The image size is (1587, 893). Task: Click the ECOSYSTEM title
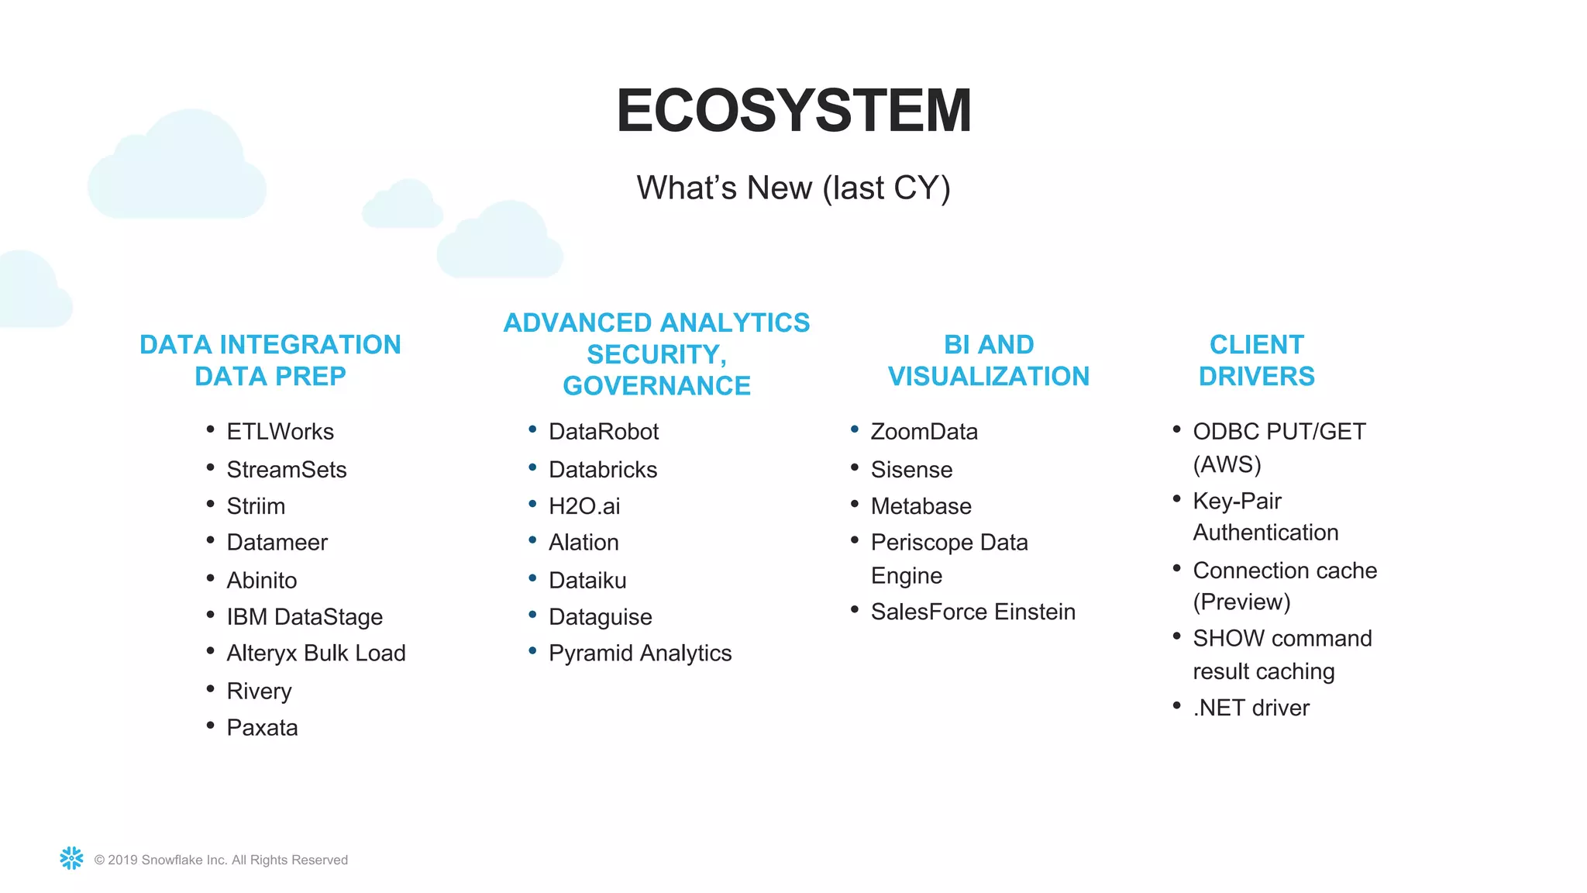coord(793,110)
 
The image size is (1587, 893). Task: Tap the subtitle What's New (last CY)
coord(793,188)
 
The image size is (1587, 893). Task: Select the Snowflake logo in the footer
coord(71,858)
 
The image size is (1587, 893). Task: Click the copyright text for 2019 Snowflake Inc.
coord(221,860)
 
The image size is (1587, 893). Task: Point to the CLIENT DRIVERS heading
coord(1256,360)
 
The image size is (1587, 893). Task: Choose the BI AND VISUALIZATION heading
coord(988,360)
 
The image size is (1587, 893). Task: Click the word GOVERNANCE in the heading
coord(656,386)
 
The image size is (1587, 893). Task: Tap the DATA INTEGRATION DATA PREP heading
coord(270,360)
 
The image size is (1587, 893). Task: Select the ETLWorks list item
coord(280,432)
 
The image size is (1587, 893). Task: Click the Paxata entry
coord(262,728)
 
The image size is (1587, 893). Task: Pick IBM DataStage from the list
coord(305,617)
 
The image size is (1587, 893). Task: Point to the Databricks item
coord(602,470)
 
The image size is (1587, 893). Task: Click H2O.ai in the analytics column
coord(584,506)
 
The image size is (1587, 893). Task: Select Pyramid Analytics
coord(639,653)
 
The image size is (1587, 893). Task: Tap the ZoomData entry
coord(924,432)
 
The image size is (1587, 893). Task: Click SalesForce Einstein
coord(973,612)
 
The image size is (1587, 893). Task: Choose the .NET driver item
coord(1251,708)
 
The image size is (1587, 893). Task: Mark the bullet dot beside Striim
coord(210,504)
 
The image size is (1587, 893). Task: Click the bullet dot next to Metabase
coord(855,504)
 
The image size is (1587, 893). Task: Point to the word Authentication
coord(1265,533)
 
